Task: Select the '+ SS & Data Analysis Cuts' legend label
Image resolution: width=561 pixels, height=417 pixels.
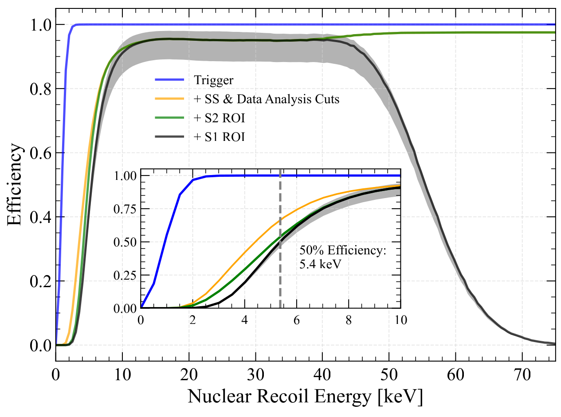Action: (267, 99)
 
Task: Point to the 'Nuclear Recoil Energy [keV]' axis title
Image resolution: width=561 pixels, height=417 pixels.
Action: (305, 396)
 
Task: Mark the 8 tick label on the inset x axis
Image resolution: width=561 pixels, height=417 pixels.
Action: (349, 320)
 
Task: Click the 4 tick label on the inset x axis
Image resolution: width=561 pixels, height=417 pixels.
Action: (244, 320)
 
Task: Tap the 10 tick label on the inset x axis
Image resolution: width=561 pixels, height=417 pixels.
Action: (400, 320)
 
